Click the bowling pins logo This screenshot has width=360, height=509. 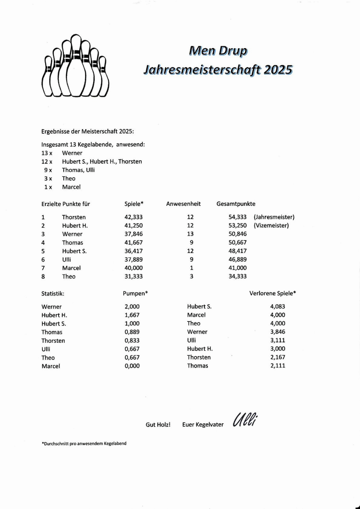75,66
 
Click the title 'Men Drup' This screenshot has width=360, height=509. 218,51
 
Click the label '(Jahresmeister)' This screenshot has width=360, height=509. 274,217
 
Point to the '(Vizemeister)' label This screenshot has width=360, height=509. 271,225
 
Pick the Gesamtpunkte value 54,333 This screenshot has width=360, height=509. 237,217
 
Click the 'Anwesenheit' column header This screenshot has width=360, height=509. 183,204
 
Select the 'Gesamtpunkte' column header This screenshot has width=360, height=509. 236,204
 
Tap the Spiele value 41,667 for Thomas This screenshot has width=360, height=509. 133,242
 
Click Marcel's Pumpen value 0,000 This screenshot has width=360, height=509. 132,366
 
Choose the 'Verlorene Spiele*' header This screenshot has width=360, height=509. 272,293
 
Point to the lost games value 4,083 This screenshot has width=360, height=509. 277,306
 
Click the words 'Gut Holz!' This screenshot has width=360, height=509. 158,425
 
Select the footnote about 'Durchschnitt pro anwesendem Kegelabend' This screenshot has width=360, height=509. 84,443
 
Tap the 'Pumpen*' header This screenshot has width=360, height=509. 135,293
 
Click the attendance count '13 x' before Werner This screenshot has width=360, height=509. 47,153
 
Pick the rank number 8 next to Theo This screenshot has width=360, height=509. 43,276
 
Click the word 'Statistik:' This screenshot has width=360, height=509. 53,293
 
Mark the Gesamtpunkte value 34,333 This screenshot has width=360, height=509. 237,276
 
